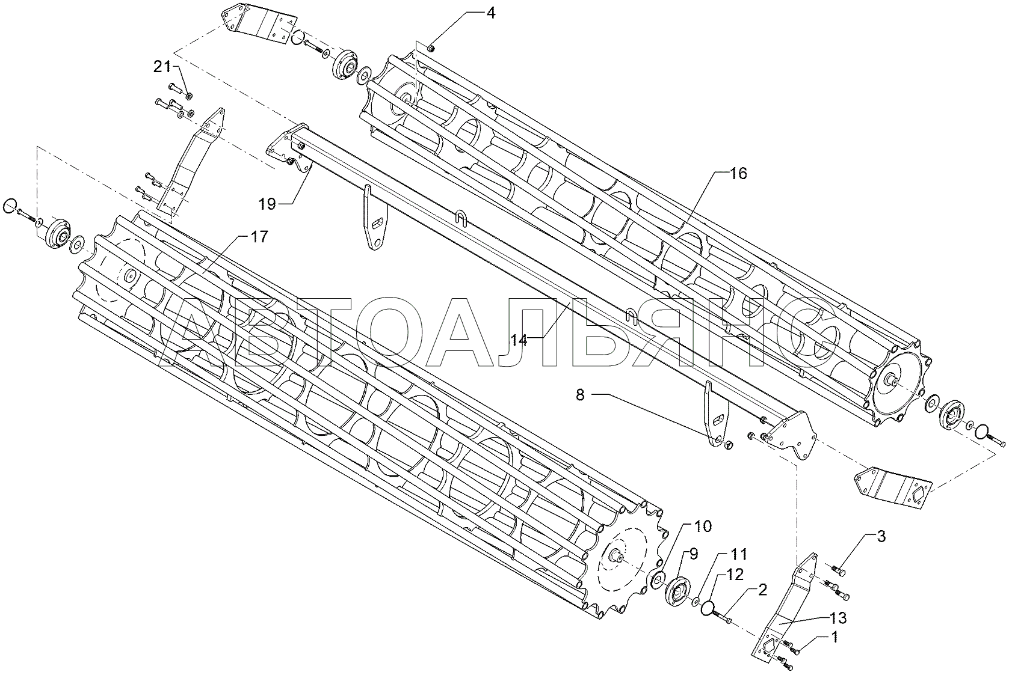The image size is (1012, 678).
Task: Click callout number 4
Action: coord(490,13)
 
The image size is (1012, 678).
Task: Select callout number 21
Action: coord(162,67)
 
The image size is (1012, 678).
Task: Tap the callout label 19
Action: coord(267,204)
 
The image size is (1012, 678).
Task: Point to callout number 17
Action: coord(259,237)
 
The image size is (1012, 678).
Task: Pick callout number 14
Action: coord(519,340)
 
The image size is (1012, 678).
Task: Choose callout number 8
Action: coord(580,395)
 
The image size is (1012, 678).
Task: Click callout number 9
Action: coord(693,554)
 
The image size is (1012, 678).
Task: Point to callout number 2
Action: coord(762,591)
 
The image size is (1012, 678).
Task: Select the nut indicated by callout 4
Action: coord(431,48)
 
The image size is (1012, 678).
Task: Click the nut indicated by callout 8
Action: coord(727,445)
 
